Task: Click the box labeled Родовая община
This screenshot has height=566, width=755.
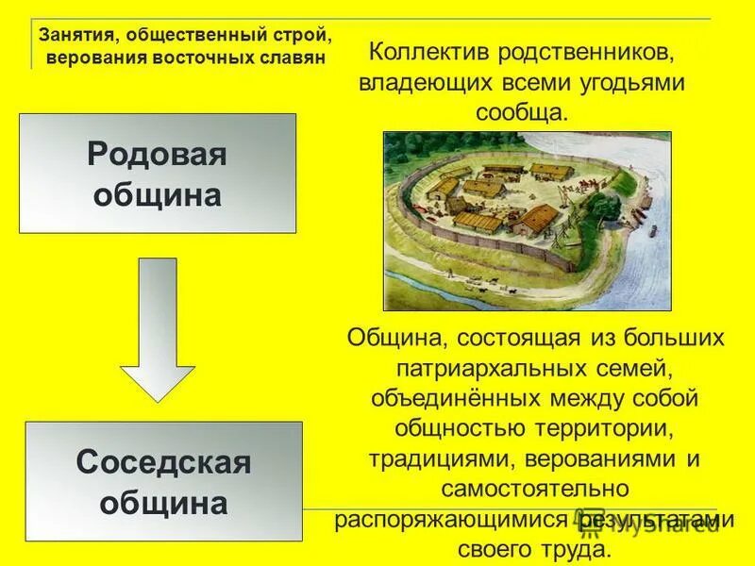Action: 157,174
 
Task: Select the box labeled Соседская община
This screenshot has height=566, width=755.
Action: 163,481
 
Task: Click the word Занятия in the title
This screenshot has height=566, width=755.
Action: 75,35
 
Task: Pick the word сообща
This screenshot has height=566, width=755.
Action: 521,112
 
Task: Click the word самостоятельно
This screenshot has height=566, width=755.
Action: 535,489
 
